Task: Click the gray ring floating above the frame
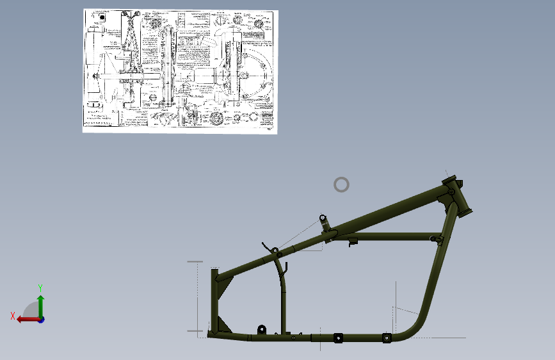[x=342, y=185]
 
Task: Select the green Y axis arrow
[x=40, y=305]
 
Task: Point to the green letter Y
[x=40, y=288]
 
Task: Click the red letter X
[x=12, y=316]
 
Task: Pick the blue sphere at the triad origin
[x=41, y=319]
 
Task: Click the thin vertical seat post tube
[x=282, y=301]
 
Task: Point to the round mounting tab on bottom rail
[x=261, y=329]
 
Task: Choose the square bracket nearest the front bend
[x=386, y=338]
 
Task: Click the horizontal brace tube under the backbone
[x=390, y=236]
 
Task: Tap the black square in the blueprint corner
[x=101, y=18]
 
